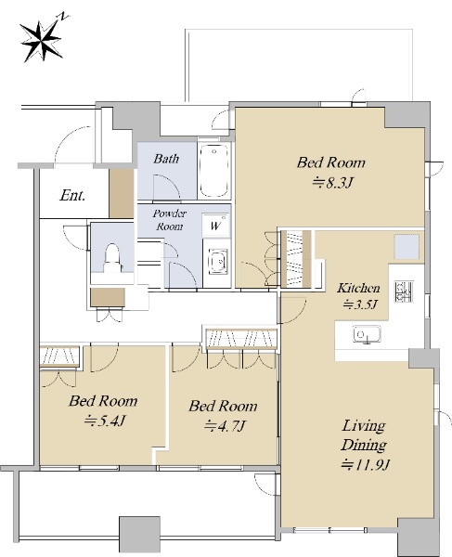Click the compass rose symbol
pyautogui.click(x=41, y=40)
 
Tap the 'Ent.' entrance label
pyautogui.click(x=72, y=195)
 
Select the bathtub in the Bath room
pyautogui.click(x=213, y=171)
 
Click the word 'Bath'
pyautogui.click(x=166, y=159)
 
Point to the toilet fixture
pyautogui.click(x=112, y=258)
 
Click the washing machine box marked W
pyautogui.click(x=215, y=226)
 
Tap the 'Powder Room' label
pyautogui.click(x=169, y=220)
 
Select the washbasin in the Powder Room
pyautogui.click(x=218, y=261)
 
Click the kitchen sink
pyautogui.click(x=367, y=334)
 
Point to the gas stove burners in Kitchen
pyautogui.click(x=404, y=291)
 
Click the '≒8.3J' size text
pyautogui.click(x=332, y=183)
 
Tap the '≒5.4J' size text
pyautogui.click(x=105, y=421)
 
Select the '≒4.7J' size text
pyautogui.click(x=226, y=425)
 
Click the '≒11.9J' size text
pyautogui.click(x=366, y=464)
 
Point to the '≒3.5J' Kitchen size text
pyautogui.click(x=359, y=304)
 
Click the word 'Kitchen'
pyautogui.click(x=358, y=288)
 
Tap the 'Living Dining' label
pyautogui.click(x=364, y=434)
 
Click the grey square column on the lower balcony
pyautogui.click(x=139, y=535)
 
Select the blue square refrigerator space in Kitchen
pyautogui.click(x=407, y=246)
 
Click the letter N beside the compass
pyautogui.click(x=64, y=16)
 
